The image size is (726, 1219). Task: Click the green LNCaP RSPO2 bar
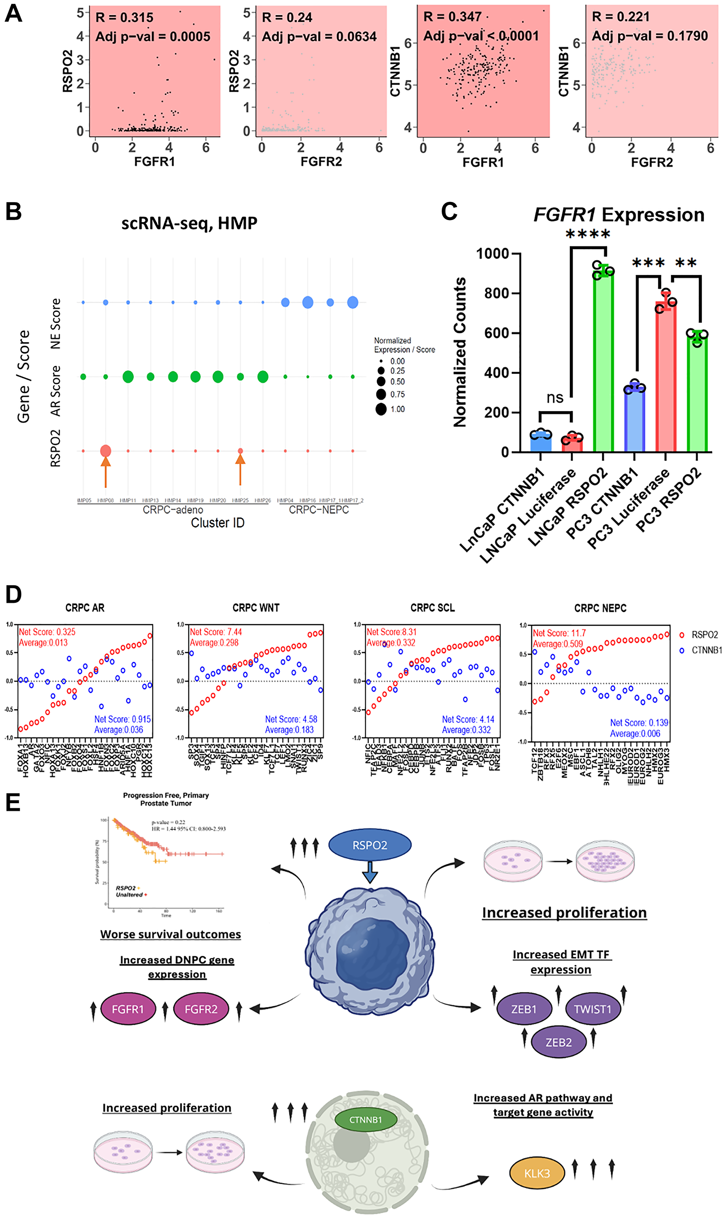(x=603, y=362)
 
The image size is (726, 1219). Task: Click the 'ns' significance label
(x=555, y=397)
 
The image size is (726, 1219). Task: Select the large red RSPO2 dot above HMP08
(x=105, y=451)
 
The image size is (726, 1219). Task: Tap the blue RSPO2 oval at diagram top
(x=370, y=845)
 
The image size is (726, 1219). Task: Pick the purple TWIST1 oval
(x=592, y=1009)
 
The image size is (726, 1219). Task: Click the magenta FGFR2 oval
(x=201, y=1009)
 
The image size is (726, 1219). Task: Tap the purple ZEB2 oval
(x=558, y=1042)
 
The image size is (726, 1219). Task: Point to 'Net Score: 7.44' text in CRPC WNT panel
(x=216, y=632)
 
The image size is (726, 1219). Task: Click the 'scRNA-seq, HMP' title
(x=189, y=224)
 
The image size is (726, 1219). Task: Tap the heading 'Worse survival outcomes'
(x=170, y=934)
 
